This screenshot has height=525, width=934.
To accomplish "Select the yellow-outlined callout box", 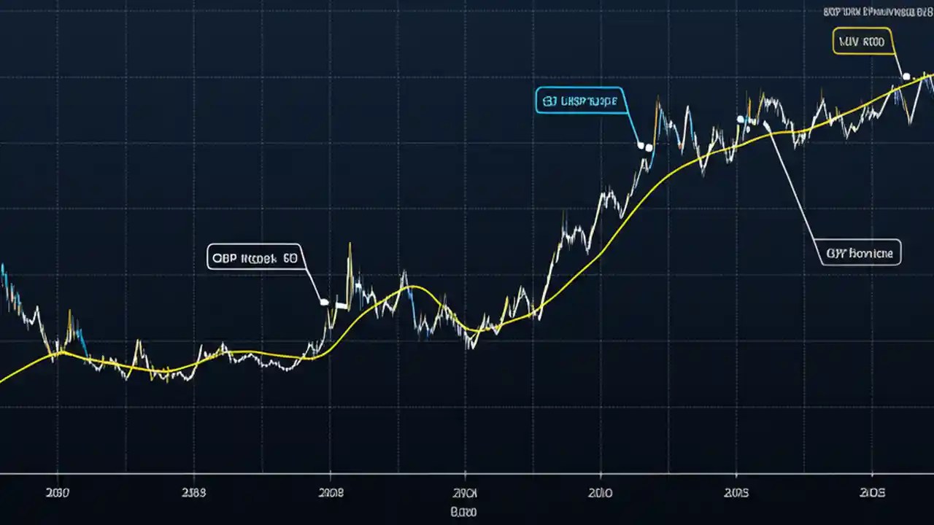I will [x=862, y=42].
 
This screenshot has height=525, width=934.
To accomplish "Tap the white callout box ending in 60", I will [x=255, y=257].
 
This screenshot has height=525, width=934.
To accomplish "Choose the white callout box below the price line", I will [x=860, y=253].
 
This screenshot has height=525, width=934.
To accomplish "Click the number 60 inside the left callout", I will [x=289, y=257].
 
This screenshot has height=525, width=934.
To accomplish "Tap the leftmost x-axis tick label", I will [x=57, y=493].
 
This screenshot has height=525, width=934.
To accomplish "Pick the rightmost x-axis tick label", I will [x=873, y=493].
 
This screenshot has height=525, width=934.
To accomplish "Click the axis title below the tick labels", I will [x=463, y=513].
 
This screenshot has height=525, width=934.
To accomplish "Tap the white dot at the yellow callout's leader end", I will [x=906, y=76].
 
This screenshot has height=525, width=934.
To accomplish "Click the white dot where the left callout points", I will [x=324, y=301].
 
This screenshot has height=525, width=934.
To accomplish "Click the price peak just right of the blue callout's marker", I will [x=657, y=98].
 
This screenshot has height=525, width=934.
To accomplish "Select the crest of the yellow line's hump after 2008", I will [x=412, y=286].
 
